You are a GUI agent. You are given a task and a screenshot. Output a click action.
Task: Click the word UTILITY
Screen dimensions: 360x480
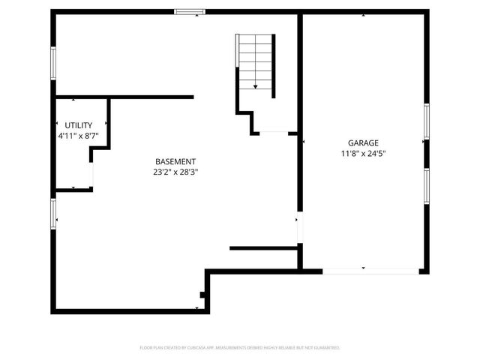coord(79,125)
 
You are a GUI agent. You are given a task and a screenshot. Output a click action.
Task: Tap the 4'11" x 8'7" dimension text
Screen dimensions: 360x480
coord(79,136)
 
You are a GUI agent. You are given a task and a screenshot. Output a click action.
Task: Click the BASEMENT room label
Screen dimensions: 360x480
coord(175,161)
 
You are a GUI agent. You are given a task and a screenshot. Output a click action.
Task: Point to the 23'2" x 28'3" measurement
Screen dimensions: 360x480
coord(175,172)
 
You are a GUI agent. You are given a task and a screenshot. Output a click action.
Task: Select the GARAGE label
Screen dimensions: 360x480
coord(363,143)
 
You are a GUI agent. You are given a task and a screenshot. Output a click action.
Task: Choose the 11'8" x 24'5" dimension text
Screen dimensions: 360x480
coord(363,154)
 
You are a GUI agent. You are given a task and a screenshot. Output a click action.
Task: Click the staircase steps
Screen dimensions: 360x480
coord(255,60)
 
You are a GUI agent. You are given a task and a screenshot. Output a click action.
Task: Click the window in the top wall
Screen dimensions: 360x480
coord(190,11)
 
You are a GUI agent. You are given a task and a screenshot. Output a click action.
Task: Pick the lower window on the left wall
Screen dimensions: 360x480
coord(53,212)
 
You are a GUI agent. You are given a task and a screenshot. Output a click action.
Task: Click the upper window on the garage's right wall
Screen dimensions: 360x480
coord(426,121)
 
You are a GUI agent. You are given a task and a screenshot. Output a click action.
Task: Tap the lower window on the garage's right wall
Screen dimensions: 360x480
coord(426,186)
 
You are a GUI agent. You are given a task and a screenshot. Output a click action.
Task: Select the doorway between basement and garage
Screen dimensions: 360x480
coord(299,229)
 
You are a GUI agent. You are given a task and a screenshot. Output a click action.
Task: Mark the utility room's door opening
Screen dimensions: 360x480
coord(92,174)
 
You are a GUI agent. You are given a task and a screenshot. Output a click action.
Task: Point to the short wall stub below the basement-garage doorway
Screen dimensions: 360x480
coord(264,248)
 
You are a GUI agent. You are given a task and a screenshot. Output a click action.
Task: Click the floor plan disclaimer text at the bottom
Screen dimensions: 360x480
coord(240,348)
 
